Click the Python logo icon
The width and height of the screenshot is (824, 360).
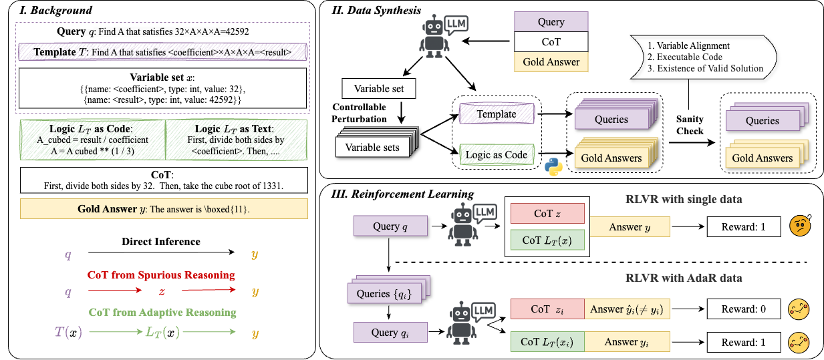point(552,168)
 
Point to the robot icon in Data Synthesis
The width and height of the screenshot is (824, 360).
point(438,36)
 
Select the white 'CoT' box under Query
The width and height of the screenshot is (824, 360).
point(551,41)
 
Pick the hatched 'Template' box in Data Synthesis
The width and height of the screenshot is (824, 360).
point(496,114)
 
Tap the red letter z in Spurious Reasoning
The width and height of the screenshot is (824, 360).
point(160,291)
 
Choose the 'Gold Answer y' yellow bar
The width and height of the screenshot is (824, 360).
point(164,209)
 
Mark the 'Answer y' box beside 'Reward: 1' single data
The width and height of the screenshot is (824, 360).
point(630,227)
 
